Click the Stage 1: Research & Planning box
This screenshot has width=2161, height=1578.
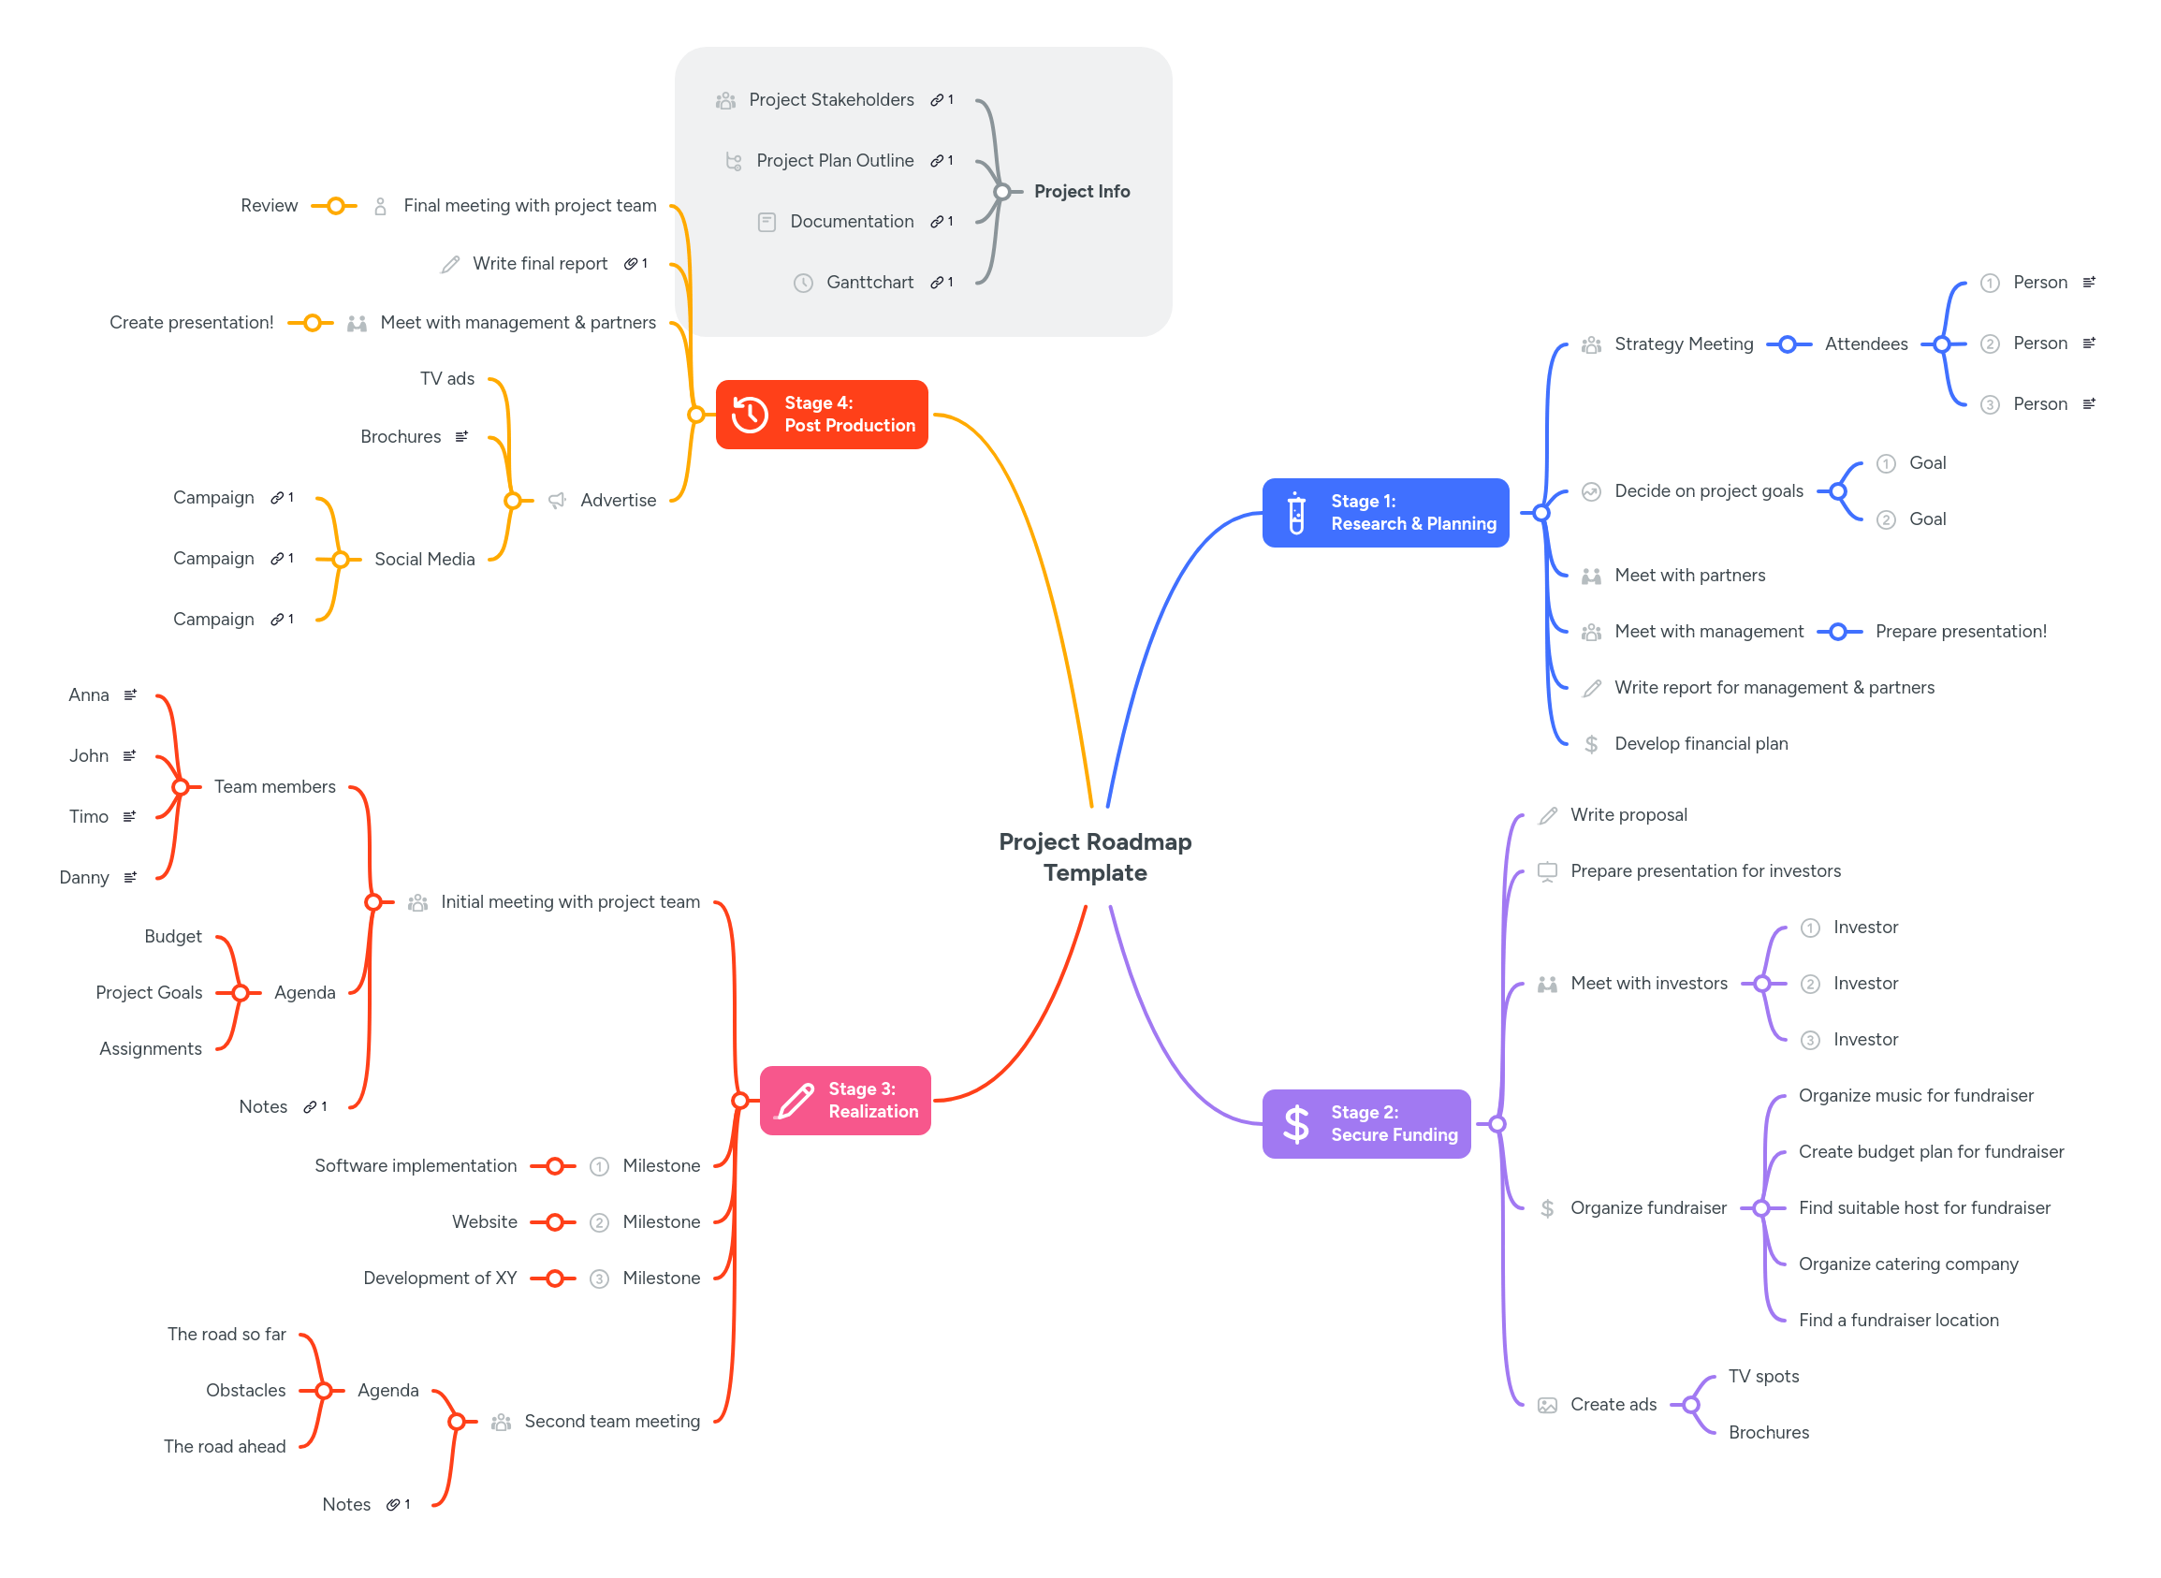[1384, 513]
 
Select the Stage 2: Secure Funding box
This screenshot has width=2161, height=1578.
[1366, 1124]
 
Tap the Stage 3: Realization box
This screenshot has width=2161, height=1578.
[845, 1101]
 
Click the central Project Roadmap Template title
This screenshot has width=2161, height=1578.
[1095, 856]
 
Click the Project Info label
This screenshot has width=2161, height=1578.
[1082, 191]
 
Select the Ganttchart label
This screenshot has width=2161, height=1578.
[870, 282]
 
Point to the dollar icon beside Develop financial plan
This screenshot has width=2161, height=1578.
[1591, 744]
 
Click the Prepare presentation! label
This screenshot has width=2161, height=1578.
[1961, 632]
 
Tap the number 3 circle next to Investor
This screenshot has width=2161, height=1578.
[1810, 1040]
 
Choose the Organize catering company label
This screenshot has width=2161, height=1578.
[1908, 1264]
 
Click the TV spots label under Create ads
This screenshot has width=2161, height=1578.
[1763, 1377]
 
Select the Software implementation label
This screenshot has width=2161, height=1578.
[416, 1165]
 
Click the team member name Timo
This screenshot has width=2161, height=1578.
[89, 817]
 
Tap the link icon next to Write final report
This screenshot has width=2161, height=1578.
[631, 264]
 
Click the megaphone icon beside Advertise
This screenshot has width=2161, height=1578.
[557, 501]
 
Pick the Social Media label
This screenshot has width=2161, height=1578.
[424, 559]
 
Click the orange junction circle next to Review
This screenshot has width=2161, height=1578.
[335, 205]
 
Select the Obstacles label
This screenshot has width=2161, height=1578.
[245, 1390]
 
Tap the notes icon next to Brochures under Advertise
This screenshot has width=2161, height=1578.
[462, 436]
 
